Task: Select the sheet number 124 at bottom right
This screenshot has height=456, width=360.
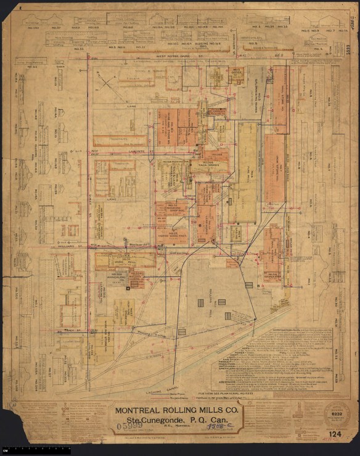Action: click(335, 436)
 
